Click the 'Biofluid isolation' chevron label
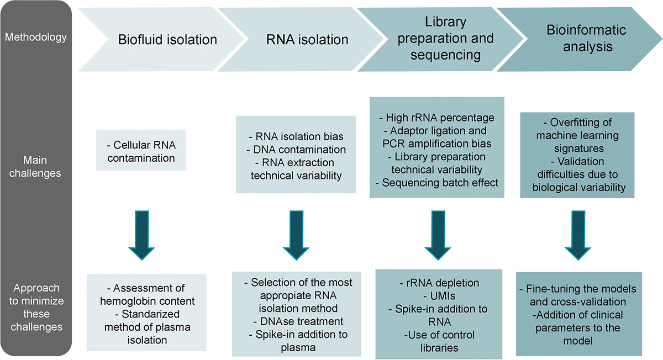click(167, 40)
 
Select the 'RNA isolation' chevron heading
click(307, 40)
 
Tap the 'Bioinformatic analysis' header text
click(586, 38)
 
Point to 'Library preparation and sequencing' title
click(445, 39)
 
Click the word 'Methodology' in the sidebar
click(36, 37)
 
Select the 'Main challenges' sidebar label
click(35, 167)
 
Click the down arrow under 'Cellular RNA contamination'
click(141, 235)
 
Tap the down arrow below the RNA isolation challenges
click(296, 235)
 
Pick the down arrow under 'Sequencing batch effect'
click(438, 235)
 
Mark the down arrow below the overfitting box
click(578, 235)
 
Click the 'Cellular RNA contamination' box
click(141, 150)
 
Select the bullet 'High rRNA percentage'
click(437, 118)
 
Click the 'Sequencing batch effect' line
click(437, 183)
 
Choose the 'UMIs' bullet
click(439, 296)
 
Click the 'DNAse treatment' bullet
click(298, 321)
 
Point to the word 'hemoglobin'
click(130, 301)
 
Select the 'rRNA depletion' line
click(439, 283)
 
